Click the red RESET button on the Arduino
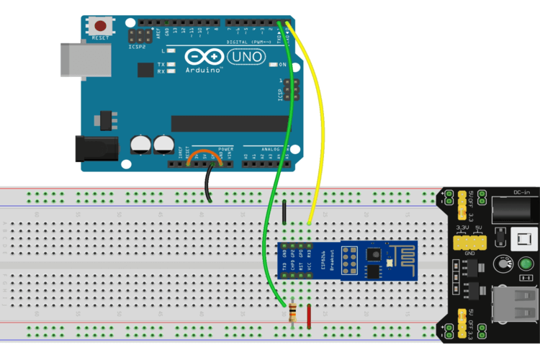99,26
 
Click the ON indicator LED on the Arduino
273,65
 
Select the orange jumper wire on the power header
200,158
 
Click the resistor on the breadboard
292,314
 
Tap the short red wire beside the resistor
309,315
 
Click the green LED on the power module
526,265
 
